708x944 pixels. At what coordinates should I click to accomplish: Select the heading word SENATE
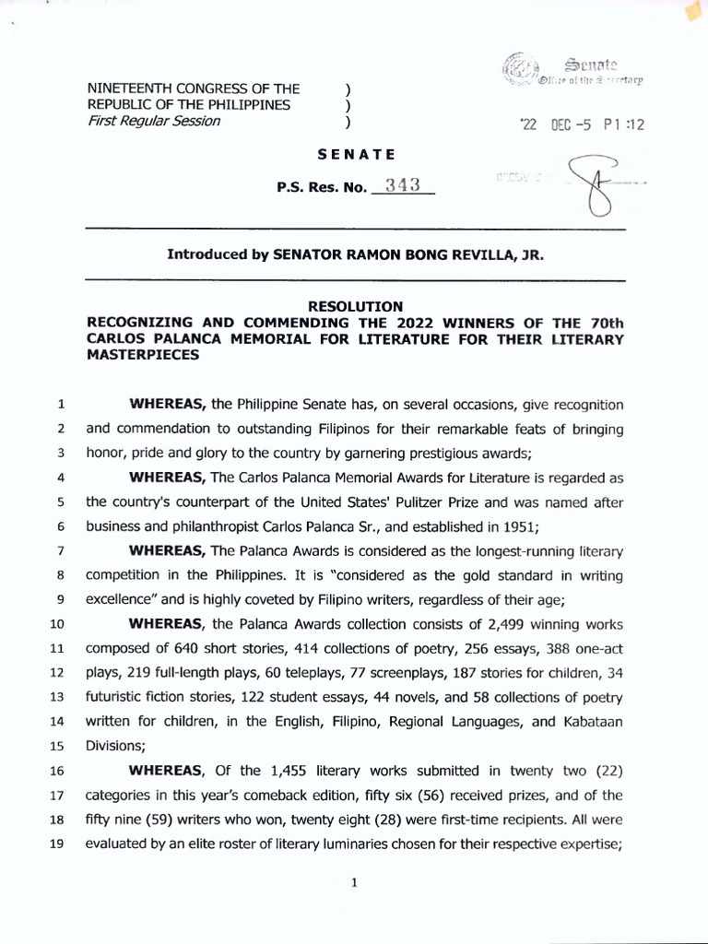(355, 153)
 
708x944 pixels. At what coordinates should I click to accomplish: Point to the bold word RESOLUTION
(355, 306)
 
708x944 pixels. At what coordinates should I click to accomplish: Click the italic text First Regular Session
(153, 122)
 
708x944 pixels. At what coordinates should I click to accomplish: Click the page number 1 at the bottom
(354, 883)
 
